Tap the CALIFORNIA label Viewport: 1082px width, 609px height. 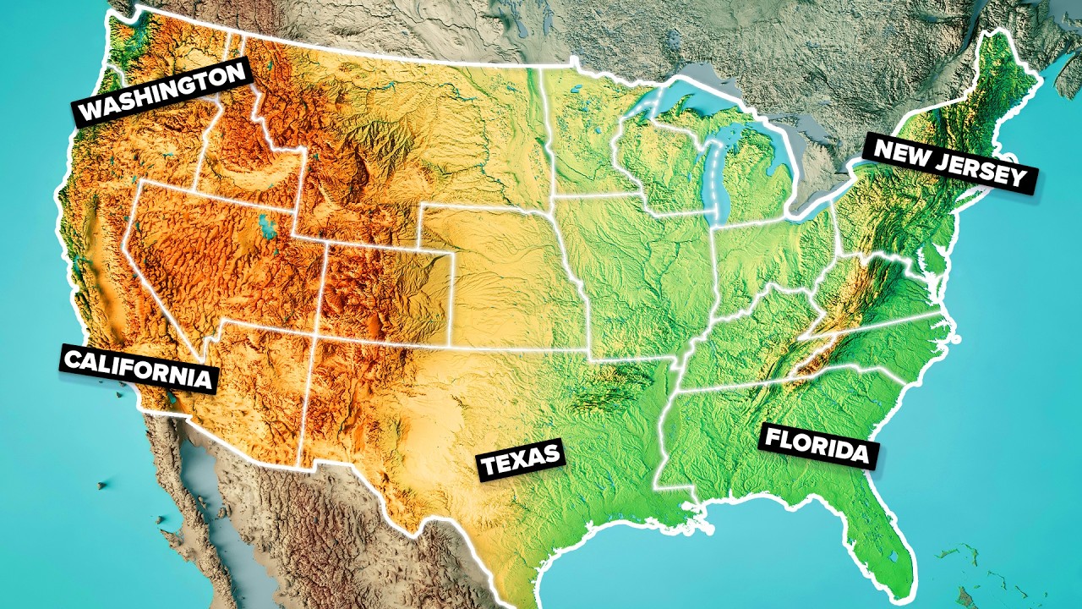tap(138, 369)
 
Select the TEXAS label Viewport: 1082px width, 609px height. tap(521, 461)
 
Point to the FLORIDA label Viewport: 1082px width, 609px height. tap(817, 447)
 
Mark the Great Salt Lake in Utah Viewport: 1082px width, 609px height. tap(268, 227)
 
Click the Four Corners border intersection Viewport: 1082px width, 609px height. tap(315, 333)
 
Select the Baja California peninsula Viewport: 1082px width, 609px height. tap(182, 482)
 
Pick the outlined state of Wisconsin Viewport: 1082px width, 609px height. tap(655, 161)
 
